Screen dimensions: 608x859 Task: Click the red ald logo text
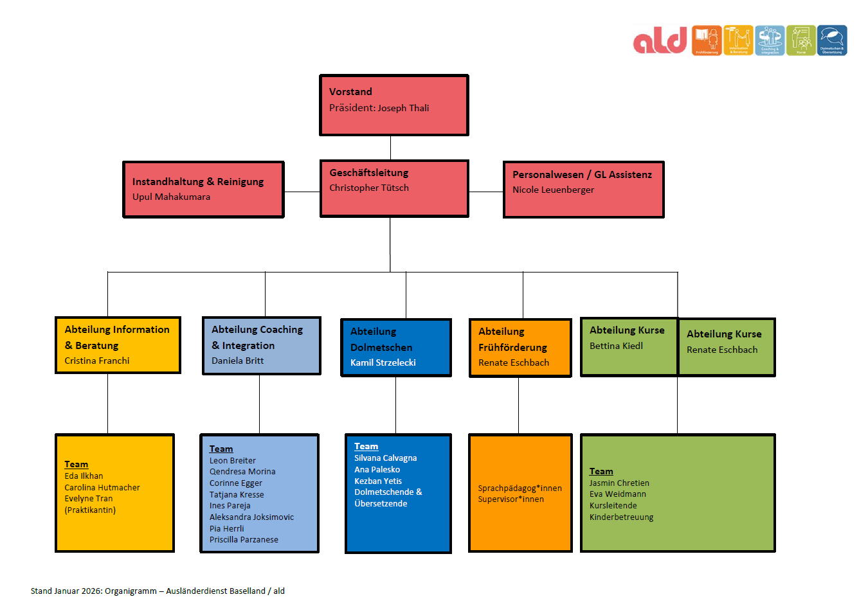660,40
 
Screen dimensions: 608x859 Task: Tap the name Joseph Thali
403,108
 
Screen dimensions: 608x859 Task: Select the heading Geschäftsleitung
368,173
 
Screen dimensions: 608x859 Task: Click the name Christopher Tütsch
368,188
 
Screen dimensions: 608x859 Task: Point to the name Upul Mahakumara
171,197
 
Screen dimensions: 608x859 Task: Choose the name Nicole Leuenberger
553,190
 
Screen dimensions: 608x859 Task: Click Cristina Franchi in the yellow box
96,361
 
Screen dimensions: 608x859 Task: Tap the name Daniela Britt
237,361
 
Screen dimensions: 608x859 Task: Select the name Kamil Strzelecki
383,362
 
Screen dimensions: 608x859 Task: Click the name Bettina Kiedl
616,346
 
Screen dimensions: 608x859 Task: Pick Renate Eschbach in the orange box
513,362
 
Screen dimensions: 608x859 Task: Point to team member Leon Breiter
232,460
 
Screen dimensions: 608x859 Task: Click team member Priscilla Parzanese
244,540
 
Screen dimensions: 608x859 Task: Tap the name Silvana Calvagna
385,458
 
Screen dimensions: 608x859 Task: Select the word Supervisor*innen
511,499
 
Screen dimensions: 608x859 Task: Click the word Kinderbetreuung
621,517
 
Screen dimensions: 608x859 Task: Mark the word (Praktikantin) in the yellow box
90,510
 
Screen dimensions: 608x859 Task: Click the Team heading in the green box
601,471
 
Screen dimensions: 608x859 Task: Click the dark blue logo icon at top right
832,40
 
